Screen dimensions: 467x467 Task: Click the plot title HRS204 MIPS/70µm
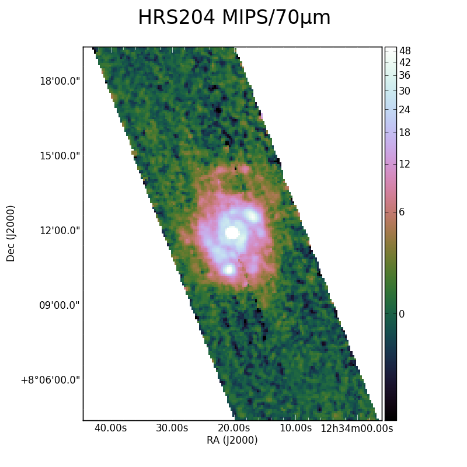(x=235, y=18)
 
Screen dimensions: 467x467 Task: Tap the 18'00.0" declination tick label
(x=60, y=81)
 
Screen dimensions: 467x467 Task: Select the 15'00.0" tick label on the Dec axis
(x=60, y=156)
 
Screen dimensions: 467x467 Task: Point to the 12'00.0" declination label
(x=60, y=231)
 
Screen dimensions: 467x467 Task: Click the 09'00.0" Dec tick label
(x=60, y=305)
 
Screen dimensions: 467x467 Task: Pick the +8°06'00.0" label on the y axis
(x=51, y=380)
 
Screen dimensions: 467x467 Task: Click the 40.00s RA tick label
(x=110, y=428)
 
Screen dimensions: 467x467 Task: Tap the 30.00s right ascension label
(x=172, y=428)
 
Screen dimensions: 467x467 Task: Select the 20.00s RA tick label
(x=234, y=428)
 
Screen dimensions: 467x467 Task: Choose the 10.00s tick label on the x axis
(x=296, y=428)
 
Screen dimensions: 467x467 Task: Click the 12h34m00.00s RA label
(x=357, y=428)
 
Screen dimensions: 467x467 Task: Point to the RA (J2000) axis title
(x=232, y=440)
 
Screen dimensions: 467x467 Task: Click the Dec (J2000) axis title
(x=11, y=233)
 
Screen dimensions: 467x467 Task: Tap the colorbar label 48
(x=405, y=51)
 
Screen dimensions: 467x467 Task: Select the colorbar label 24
(x=405, y=110)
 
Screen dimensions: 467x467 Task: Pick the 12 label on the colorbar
(x=405, y=164)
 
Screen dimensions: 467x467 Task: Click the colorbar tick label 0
(x=402, y=314)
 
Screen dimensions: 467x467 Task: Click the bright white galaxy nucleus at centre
(x=232, y=232)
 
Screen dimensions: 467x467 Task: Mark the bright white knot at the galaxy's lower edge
(x=229, y=270)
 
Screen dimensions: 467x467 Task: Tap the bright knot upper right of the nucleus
(x=252, y=215)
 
